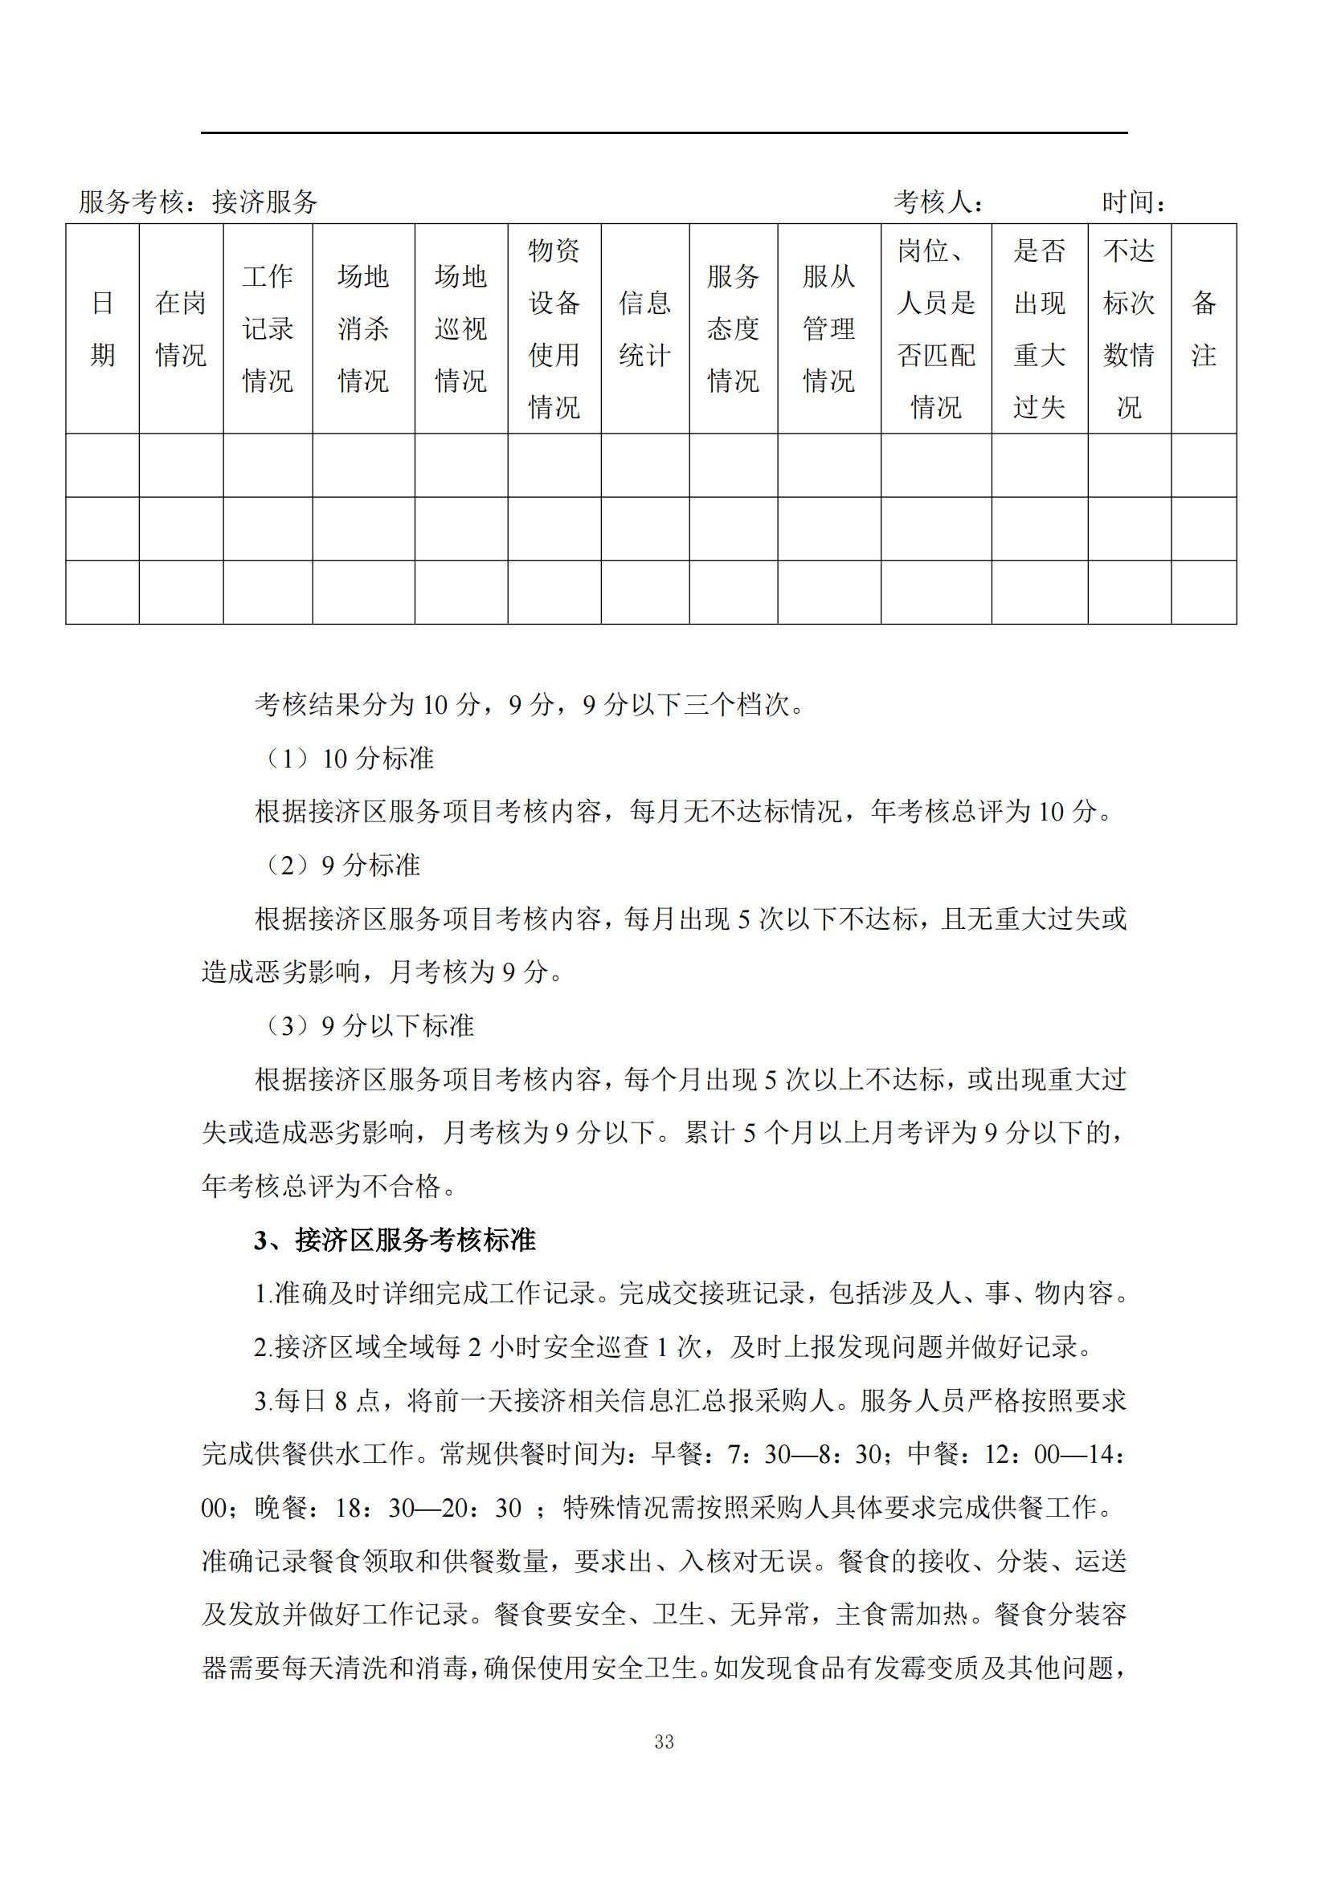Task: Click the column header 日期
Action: point(102,329)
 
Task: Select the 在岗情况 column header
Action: point(181,329)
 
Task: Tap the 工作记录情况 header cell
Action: point(268,329)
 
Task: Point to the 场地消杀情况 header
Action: point(363,329)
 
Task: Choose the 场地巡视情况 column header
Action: point(460,329)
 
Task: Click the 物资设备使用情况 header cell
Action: point(554,329)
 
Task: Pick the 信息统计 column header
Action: point(645,329)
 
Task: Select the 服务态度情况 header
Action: point(734,329)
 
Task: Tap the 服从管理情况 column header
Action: point(829,329)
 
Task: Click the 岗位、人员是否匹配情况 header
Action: point(936,329)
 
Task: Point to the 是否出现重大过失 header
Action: point(1039,329)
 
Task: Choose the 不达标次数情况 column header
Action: point(1129,329)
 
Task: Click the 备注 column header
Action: point(1204,329)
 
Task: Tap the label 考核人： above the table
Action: point(938,202)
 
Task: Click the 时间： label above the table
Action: point(1135,202)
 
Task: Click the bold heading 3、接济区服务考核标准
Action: point(395,1240)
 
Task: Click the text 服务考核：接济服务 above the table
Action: point(198,202)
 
